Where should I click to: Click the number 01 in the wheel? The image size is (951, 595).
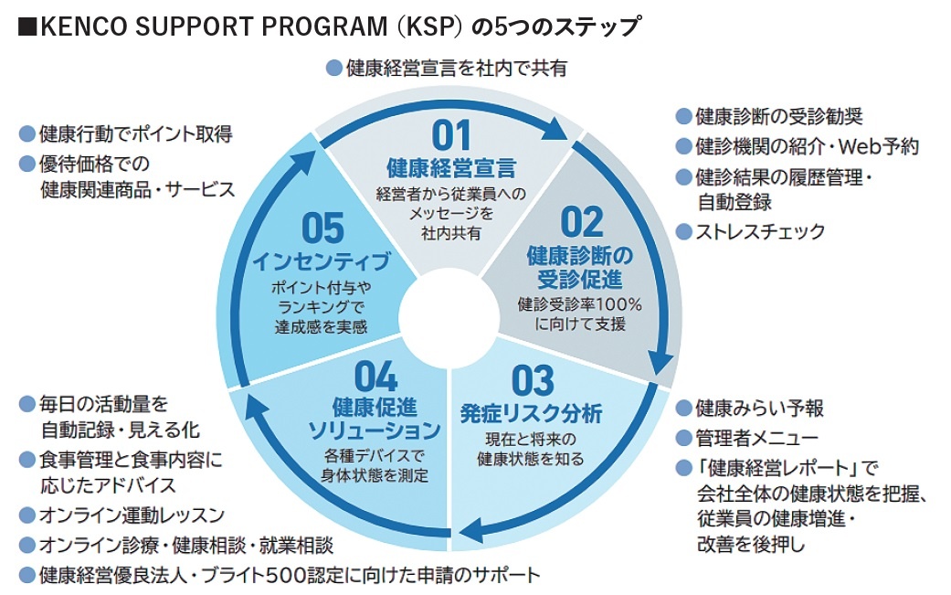click(450, 135)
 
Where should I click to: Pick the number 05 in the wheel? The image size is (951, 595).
click(322, 228)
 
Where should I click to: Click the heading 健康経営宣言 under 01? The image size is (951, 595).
click(450, 168)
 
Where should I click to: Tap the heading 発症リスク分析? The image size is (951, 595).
click(532, 412)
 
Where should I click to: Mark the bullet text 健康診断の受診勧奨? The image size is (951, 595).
click(779, 117)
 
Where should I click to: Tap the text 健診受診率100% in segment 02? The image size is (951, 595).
click(580, 304)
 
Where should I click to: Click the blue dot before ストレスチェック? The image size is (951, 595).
click(683, 231)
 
